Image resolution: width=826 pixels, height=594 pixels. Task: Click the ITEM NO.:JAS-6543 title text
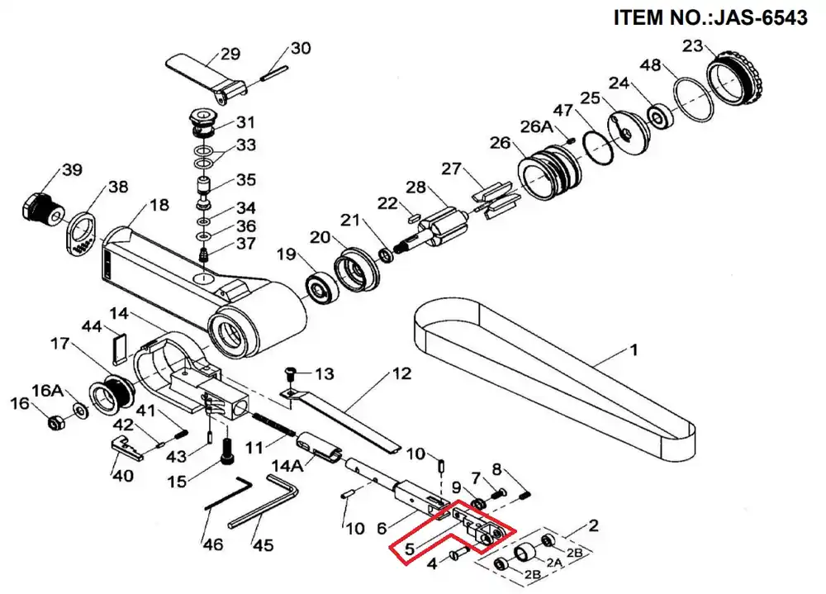710,18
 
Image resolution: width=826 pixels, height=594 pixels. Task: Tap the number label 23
693,46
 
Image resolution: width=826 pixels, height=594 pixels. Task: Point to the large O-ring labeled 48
693,98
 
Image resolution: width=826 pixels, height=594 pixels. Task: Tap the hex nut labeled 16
56,422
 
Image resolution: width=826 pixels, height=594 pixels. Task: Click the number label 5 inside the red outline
411,549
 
